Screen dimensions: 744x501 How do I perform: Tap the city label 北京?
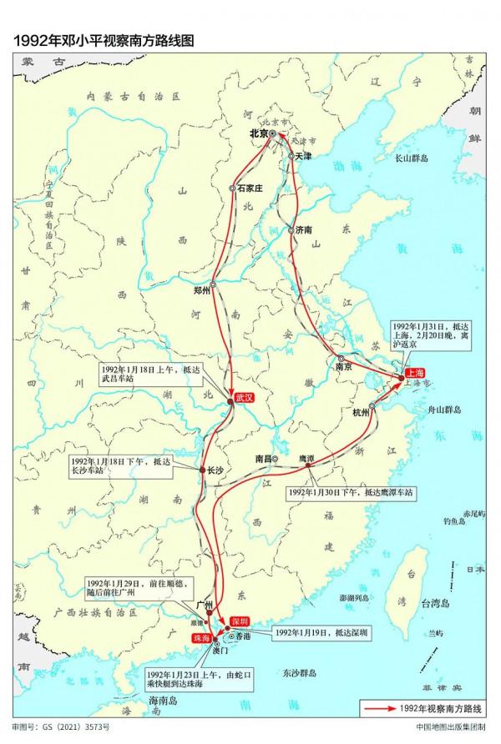pyautogui.click(x=258, y=133)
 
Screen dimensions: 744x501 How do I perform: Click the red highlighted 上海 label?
pyautogui.click(x=414, y=373)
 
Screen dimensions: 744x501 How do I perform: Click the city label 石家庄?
pyautogui.click(x=250, y=189)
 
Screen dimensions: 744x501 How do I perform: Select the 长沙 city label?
pyautogui.click(x=215, y=470)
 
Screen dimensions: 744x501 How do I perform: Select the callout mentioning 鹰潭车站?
pyautogui.click(x=350, y=493)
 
